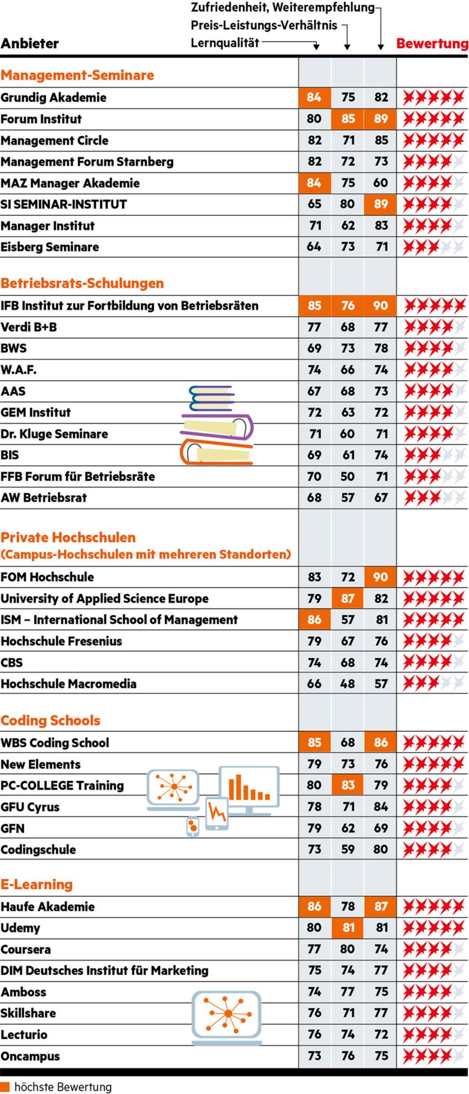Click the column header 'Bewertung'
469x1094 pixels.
[432, 43]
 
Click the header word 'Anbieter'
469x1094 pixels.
[30, 43]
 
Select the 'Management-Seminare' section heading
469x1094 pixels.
[77, 75]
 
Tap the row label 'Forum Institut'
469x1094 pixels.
[41, 119]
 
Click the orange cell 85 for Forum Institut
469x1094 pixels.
[348, 119]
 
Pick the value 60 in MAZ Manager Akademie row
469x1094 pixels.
[381, 183]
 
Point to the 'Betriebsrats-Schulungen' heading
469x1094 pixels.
[82, 284]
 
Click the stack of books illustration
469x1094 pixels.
[217, 425]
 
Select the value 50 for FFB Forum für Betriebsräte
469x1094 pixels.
[347, 476]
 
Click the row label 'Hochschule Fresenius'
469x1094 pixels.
[61, 641]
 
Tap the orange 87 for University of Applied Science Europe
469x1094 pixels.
[348, 599]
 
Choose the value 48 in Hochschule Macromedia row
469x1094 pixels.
[347, 684]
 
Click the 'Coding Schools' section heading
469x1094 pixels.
[50, 721]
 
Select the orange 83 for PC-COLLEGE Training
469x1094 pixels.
[348, 785]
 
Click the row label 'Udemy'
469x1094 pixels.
[20, 928]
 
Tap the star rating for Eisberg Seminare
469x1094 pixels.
[433, 248]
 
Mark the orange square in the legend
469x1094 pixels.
[5, 1087]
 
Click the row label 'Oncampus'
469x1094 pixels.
[30, 1056]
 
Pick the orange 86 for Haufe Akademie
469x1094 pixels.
[315, 907]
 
